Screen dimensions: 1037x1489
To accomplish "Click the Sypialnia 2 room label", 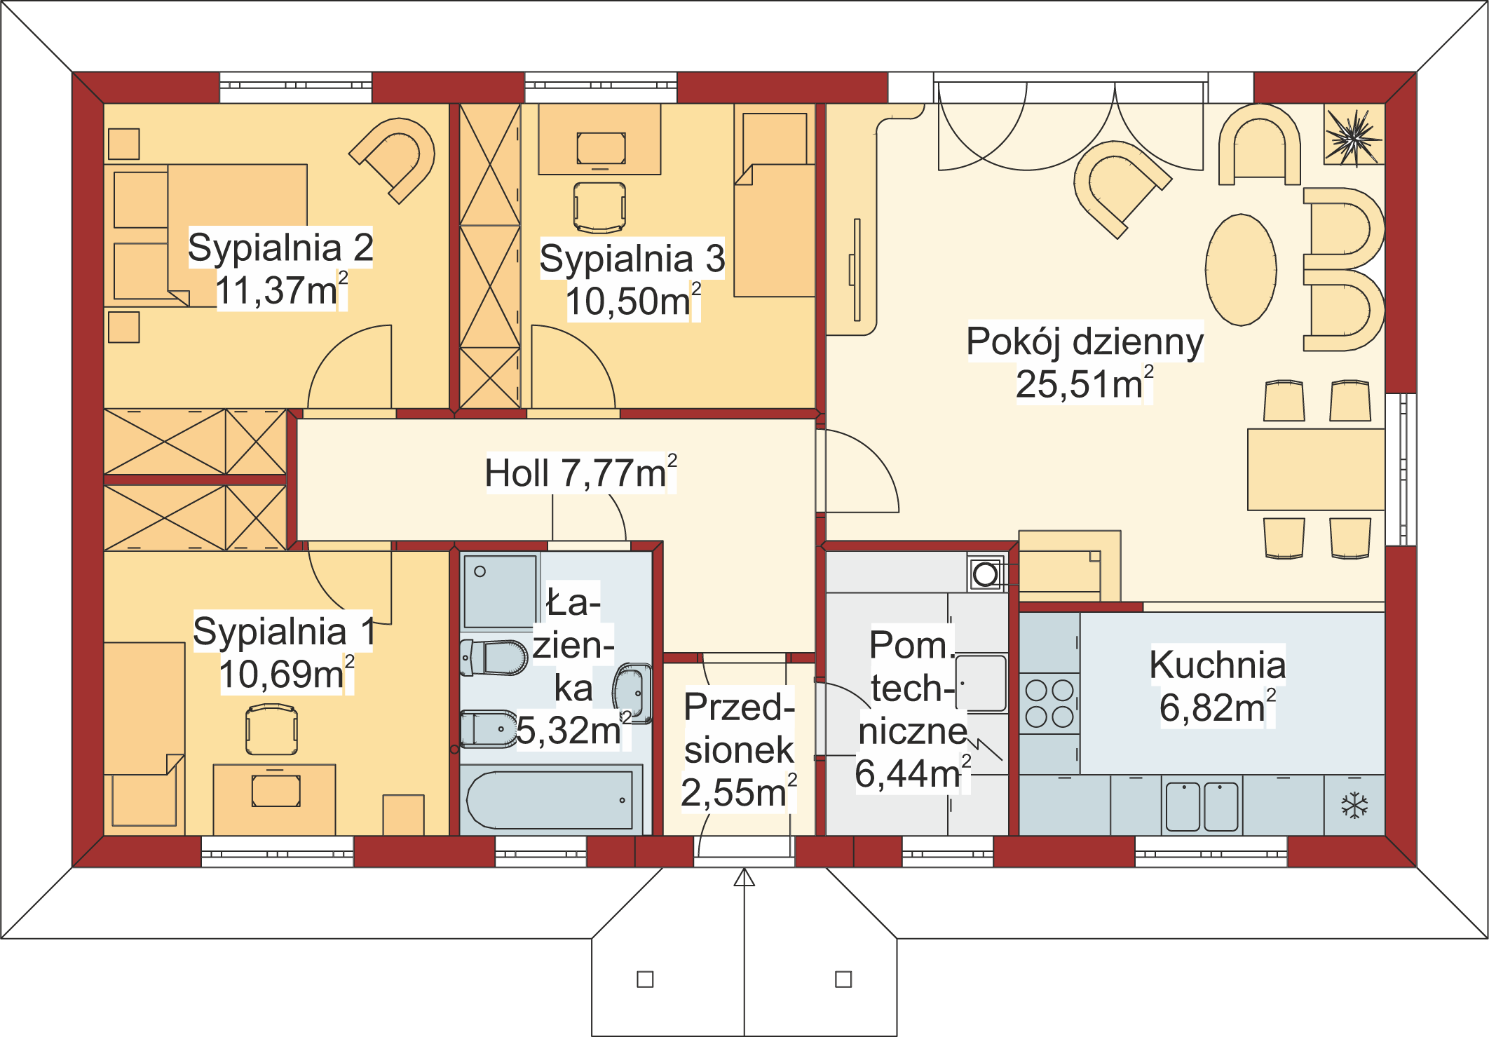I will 280,248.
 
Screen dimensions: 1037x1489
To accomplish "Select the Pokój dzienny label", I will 1085,341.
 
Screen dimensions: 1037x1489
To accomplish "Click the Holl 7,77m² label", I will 580,473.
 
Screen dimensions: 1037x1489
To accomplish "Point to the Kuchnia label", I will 1218,664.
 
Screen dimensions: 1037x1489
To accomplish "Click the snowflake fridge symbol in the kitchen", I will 1354,806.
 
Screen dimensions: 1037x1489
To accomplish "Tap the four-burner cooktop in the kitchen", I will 1049,703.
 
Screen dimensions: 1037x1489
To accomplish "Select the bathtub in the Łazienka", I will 551,800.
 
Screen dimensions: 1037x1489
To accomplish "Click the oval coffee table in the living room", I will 1241,270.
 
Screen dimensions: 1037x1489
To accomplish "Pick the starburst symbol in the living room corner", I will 1354,136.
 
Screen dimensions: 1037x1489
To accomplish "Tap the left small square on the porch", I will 645,979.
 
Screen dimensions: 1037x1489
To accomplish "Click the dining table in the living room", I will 1315,469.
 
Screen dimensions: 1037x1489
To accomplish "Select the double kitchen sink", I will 1202,806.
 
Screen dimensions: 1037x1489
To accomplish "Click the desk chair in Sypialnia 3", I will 600,208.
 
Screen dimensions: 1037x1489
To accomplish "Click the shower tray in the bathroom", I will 499,592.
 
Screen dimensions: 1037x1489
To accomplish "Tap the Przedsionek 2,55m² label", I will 739,750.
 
